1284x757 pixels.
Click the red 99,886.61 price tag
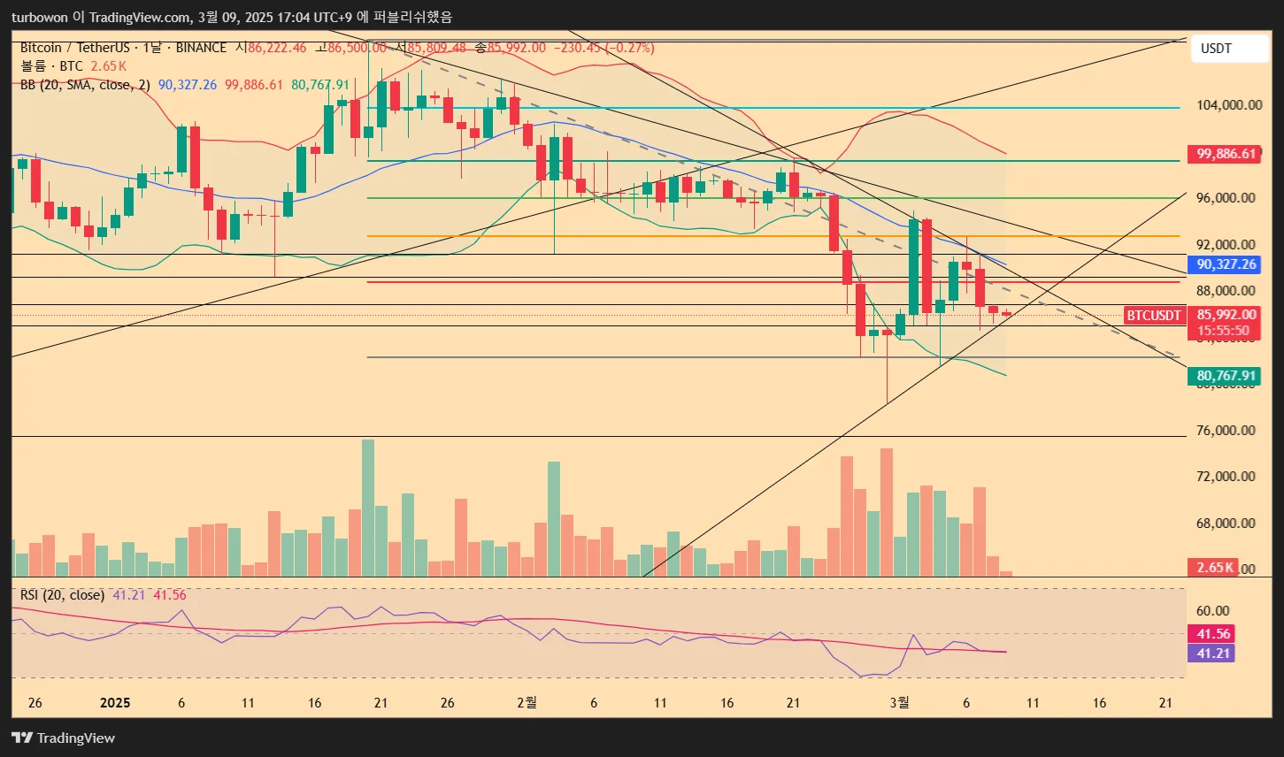pyautogui.click(x=1226, y=154)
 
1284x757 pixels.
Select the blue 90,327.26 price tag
pyautogui.click(x=1226, y=264)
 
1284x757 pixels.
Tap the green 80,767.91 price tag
pyautogui.click(x=1226, y=376)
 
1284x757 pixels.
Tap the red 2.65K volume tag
pyautogui.click(x=1214, y=567)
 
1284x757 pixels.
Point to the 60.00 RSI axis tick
pyautogui.click(x=1212, y=611)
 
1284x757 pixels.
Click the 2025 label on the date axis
pyautogui.click(x=115, y=703)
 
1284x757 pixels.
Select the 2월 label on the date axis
pyautogui.click(x=526, y=703)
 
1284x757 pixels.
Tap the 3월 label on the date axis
pyautogui.click(x=898, y=703)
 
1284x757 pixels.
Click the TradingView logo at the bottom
pyautogui.click(x=63, y=738)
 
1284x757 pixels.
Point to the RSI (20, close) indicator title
pyautogui.click(x=62, y=595)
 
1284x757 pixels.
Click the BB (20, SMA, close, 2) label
pyautogui.click(x=85, y=85)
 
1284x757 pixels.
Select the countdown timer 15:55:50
pyautogui.click(x=1223, y=332)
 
